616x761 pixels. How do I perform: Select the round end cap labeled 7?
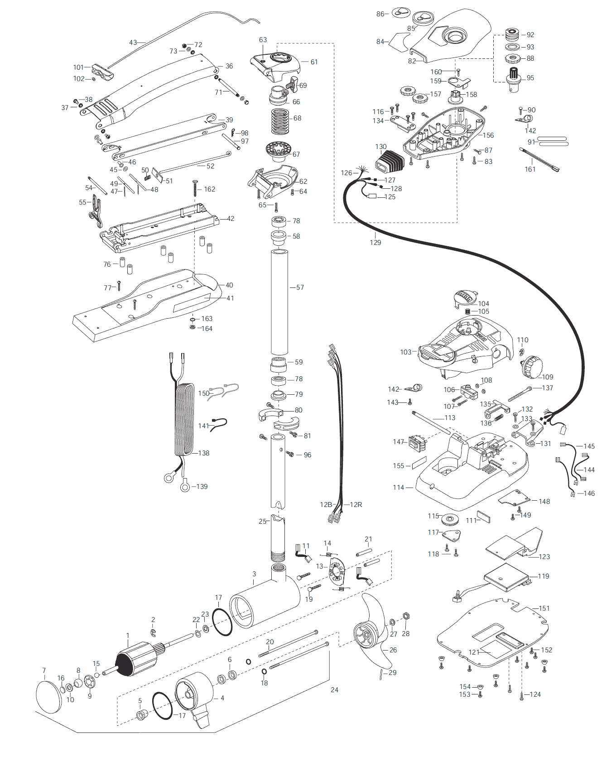[48, 696]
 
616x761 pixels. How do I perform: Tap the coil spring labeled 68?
[280, 121]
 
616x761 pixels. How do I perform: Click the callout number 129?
[375, 243]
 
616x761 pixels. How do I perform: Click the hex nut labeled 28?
[406, 616]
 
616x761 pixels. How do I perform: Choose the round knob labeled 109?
[532, 366]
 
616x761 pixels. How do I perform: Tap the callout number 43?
[133, 43]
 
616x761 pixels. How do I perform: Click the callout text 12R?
[356, 505]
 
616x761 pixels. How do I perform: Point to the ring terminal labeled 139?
[185, 487]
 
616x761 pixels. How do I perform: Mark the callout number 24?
[334, 690]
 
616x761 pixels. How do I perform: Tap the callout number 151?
[544, 608]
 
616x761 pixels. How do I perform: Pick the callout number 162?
[209, 189]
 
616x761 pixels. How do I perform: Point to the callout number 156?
[488, 135]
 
